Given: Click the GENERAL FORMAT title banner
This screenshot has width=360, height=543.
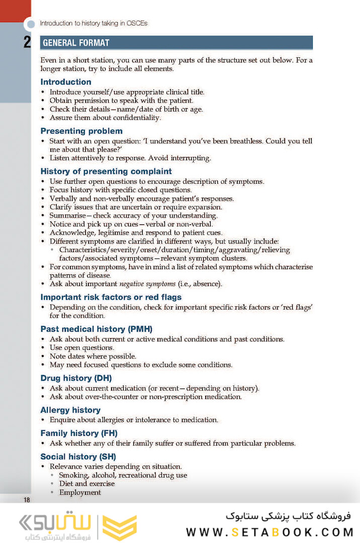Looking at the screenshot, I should click(176, 43).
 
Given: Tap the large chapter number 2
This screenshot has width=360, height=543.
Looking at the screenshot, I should click(28, 43).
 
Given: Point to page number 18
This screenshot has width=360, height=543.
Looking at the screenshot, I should click(27, 500).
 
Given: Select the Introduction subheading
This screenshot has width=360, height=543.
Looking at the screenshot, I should click(66, 82).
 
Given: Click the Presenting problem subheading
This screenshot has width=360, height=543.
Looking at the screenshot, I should click(81, 131).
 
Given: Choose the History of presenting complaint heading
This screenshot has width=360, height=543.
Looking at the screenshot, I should click(106, 171).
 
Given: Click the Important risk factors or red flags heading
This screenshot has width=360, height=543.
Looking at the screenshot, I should click(111, 297).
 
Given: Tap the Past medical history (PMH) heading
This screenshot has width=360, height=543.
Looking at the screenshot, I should click(97, 329).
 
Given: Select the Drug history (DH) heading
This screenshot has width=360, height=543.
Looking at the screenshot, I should click(76, 378).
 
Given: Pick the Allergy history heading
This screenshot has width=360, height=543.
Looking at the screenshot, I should click(70, 410).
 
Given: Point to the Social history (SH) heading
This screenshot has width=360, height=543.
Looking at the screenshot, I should click(78, 456).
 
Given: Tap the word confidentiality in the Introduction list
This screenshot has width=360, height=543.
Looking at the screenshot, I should click(134, 118).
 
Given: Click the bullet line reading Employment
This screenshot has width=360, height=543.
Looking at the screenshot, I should click(80, 493).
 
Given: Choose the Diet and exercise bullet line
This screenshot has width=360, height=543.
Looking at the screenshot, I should click(86, 484).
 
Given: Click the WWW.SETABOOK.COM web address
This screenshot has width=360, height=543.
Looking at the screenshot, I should click(270, 532).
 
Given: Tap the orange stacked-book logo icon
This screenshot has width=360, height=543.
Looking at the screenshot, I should click(120, 527).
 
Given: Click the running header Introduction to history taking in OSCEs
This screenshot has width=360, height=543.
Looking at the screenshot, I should click(94, 23).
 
